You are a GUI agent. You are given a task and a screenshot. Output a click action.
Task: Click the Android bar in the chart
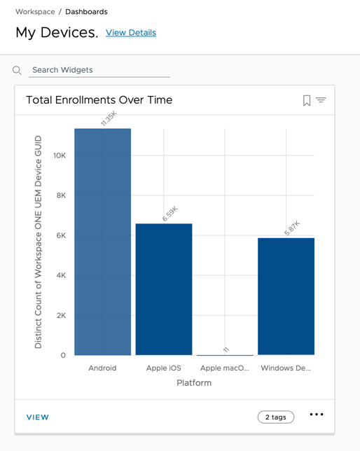click(102, 242)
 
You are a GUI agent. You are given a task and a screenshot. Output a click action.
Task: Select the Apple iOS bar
click(163, 289)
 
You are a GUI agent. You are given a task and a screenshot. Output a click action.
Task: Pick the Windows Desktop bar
click(286, 296)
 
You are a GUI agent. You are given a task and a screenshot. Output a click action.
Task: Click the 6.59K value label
click(169, 214)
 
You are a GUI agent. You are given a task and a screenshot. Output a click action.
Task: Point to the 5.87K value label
click(292, 228)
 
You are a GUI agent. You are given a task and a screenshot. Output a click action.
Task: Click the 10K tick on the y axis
click(60, 155)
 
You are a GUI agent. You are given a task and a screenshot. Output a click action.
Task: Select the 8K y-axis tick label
click(61, 195)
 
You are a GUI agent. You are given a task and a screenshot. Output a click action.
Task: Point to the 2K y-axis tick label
click(61, 316)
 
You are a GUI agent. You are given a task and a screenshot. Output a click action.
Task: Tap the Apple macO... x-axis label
click(224, 368)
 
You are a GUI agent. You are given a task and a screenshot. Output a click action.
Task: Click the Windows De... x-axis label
click(286, 368)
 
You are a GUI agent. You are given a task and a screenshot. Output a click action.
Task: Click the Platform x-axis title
click(194, 383)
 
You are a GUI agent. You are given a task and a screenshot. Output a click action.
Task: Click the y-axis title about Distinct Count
click(39, 242)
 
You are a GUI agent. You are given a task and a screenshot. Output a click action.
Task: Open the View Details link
click(131, 33)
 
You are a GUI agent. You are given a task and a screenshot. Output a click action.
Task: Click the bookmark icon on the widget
click(307, 101)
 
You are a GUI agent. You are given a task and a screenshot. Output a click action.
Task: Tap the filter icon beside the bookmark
click(321, 101)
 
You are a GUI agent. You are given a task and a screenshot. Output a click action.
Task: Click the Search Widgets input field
click(99, 70)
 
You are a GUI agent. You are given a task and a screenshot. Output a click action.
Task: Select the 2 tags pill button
click(276, 417)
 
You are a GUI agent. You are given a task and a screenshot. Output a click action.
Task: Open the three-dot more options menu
click(317, 415)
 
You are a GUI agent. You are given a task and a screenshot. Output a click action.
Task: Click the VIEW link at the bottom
click(38, 417)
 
